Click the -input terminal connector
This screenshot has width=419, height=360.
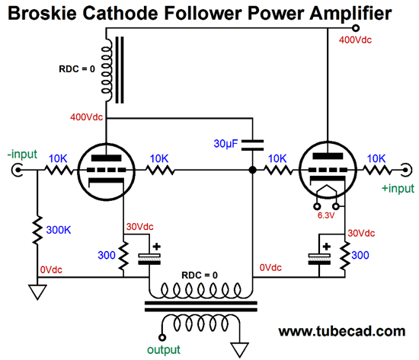18,170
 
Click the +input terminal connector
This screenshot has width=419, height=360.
406,170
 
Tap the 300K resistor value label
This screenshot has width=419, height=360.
59,230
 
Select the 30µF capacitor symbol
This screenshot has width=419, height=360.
252,145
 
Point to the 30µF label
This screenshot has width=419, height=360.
225,144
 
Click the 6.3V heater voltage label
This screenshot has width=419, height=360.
326,215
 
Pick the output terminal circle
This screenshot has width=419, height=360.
162,338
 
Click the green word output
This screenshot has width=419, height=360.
164,349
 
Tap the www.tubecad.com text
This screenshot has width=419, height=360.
342,331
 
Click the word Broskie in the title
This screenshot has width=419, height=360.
43,13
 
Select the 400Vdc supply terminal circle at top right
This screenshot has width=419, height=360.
356,27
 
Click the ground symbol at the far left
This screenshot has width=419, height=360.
37,292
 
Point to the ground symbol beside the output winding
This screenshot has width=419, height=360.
240,350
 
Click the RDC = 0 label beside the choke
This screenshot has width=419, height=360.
77,69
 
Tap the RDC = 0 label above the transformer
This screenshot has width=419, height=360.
200,275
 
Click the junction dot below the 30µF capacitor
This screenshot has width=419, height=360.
252,170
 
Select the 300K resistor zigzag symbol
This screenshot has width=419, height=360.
37,230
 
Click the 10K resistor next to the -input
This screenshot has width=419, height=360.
59,170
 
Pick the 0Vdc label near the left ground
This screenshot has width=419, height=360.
51,269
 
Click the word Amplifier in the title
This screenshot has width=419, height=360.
350,13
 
